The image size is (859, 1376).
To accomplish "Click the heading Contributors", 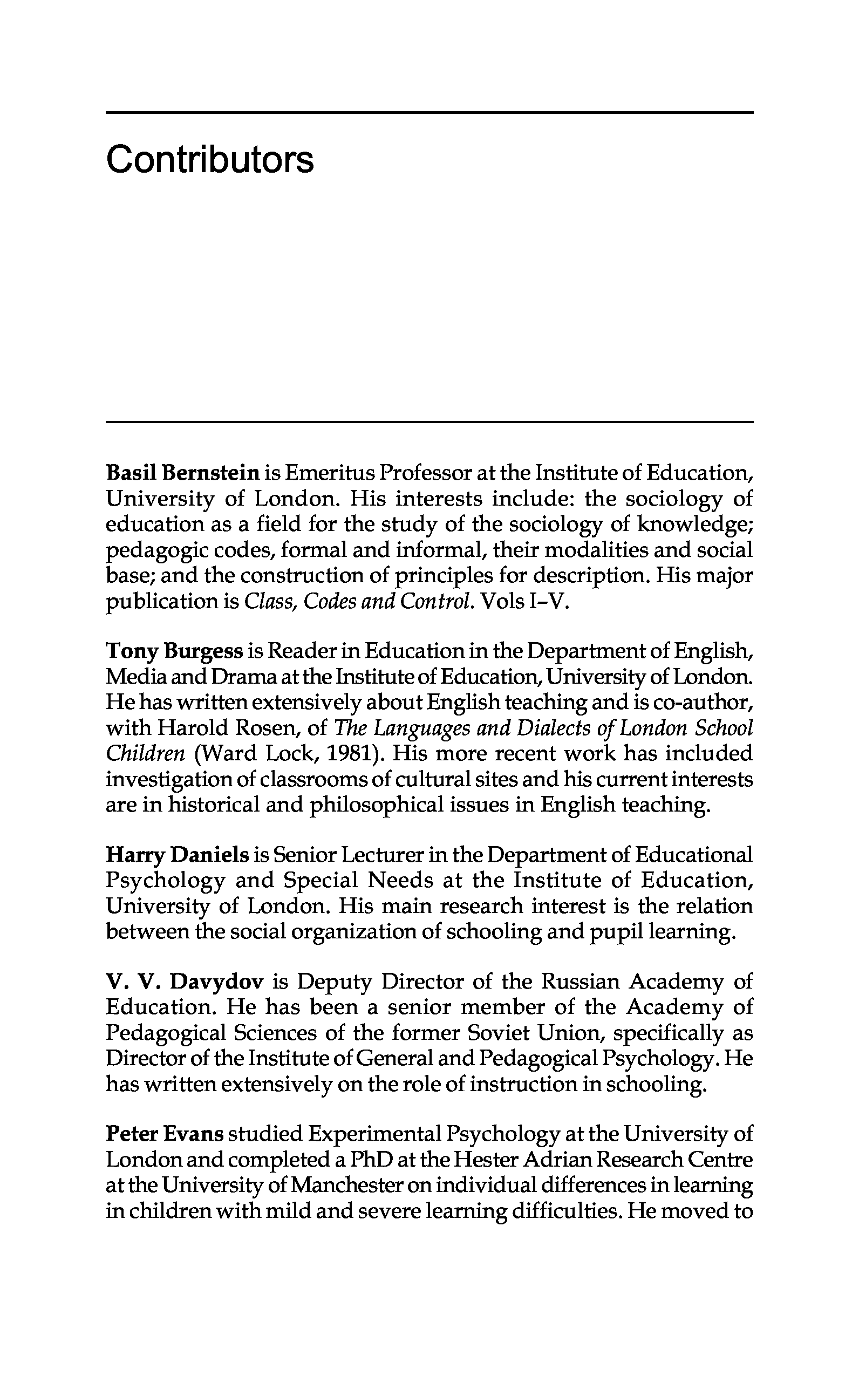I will click(210, 160).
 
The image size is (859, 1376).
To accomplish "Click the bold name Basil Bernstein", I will click(182, 472).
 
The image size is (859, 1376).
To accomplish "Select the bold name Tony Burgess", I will click(174, 651).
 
